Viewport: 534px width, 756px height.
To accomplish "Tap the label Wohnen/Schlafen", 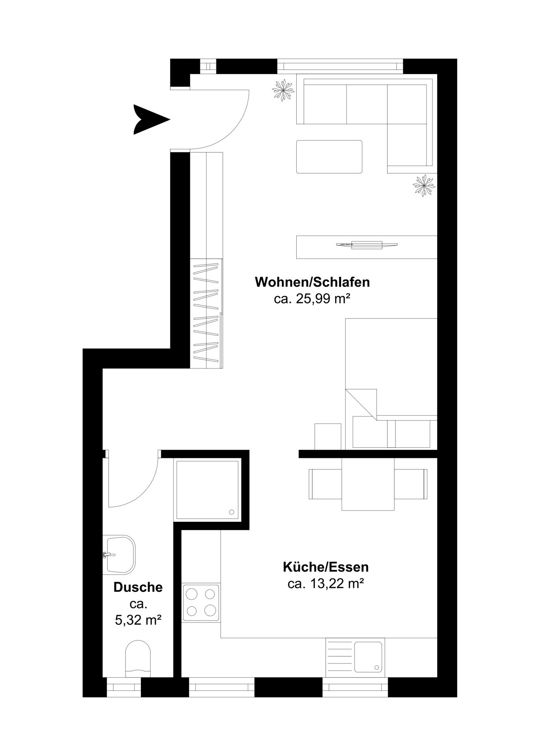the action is point(312,282).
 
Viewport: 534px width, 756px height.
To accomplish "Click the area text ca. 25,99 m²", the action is point(312,299).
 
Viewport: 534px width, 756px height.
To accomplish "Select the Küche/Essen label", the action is point(326,567).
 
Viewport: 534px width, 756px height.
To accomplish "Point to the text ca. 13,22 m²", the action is point(325,584).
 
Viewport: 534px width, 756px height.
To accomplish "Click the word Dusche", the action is point(138,587).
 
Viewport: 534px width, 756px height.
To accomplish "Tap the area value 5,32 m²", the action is point(138,621).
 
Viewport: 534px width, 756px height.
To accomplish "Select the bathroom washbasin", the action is point(119,555).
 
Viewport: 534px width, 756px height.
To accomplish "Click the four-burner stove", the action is point(201,602).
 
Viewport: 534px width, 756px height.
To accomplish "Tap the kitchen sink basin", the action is point(368,657).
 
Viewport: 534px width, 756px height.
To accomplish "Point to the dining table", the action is point(368,484).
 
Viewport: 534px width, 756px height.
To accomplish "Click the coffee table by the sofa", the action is point(329,157).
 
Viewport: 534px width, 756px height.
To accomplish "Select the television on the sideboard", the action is point(367,245).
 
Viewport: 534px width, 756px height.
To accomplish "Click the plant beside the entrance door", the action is point(283,90).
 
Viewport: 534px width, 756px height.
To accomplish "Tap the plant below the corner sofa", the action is point(424,185).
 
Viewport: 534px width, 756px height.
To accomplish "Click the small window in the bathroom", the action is point(124,687).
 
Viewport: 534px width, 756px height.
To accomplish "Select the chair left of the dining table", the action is point(325,484).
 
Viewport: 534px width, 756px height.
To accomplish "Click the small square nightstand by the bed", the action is point(328,436).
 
